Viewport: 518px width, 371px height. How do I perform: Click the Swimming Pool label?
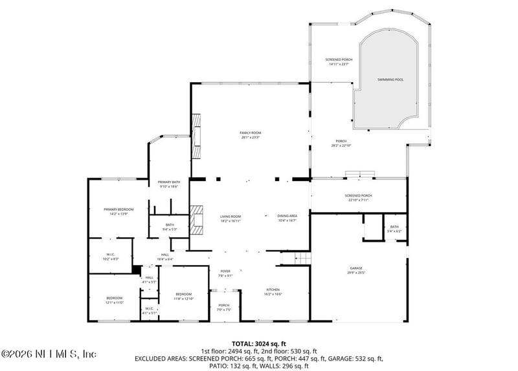[390, 79]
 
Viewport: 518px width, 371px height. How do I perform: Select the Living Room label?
[231, 218]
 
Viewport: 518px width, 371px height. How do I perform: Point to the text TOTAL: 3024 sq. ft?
[258, 343]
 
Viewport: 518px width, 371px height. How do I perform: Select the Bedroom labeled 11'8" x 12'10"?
[184, 297]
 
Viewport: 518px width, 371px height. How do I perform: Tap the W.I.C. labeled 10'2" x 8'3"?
[111, 256]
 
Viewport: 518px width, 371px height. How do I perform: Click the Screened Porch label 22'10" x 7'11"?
[358, 197]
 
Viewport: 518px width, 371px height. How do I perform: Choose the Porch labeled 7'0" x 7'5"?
[224, 307]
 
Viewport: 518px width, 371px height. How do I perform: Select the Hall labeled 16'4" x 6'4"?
[165, 257]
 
